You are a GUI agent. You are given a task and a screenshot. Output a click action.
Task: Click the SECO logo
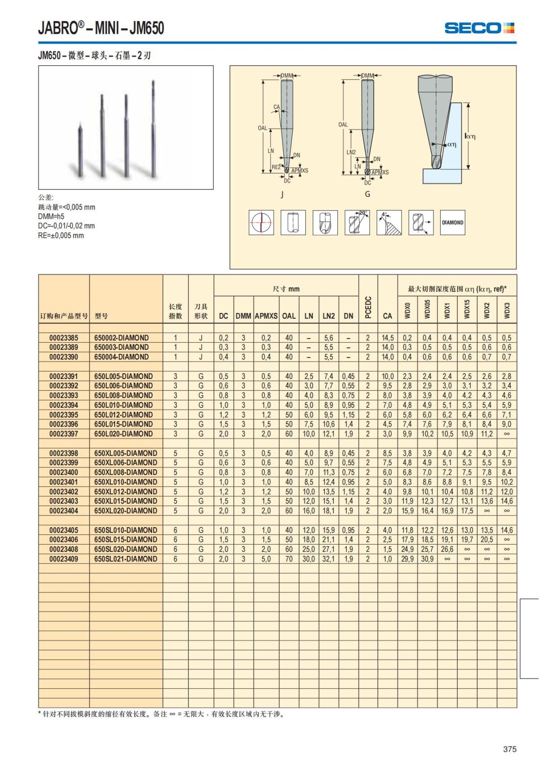coord(479,28)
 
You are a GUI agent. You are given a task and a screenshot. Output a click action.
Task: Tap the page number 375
coord(510,749)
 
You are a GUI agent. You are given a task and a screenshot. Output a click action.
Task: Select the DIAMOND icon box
coord(452,222)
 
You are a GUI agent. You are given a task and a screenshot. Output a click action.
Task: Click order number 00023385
coord(64,338)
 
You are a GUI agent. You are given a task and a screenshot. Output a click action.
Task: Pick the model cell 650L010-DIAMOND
coord(124,405)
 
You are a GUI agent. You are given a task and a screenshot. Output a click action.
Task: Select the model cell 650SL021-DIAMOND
coord(126,559)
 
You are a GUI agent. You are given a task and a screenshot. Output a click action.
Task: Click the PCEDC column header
coord(368,308)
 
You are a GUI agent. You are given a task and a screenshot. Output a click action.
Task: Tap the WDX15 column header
coord(467,309)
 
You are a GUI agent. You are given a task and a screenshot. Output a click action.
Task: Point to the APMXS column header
coord(266,316)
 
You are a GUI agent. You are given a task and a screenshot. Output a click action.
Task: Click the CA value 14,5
coord(387,338)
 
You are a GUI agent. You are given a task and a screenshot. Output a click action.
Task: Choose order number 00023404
coord(64,511)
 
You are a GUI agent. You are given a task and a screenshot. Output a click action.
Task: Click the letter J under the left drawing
coord(282,194)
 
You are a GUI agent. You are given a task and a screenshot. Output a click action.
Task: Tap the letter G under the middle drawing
coord(367,194)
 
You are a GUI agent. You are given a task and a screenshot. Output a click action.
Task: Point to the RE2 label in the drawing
coord(276,167)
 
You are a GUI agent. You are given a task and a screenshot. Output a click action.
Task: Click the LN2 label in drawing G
coord(351,152)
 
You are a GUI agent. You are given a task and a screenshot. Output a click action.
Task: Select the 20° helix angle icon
coord(357,222)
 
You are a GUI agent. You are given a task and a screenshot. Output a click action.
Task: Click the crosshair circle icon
coord(261,222)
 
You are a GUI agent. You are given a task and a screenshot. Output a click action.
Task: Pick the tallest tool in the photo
coord(154,130)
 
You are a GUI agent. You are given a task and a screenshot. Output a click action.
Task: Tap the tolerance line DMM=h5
coord(51,216)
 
